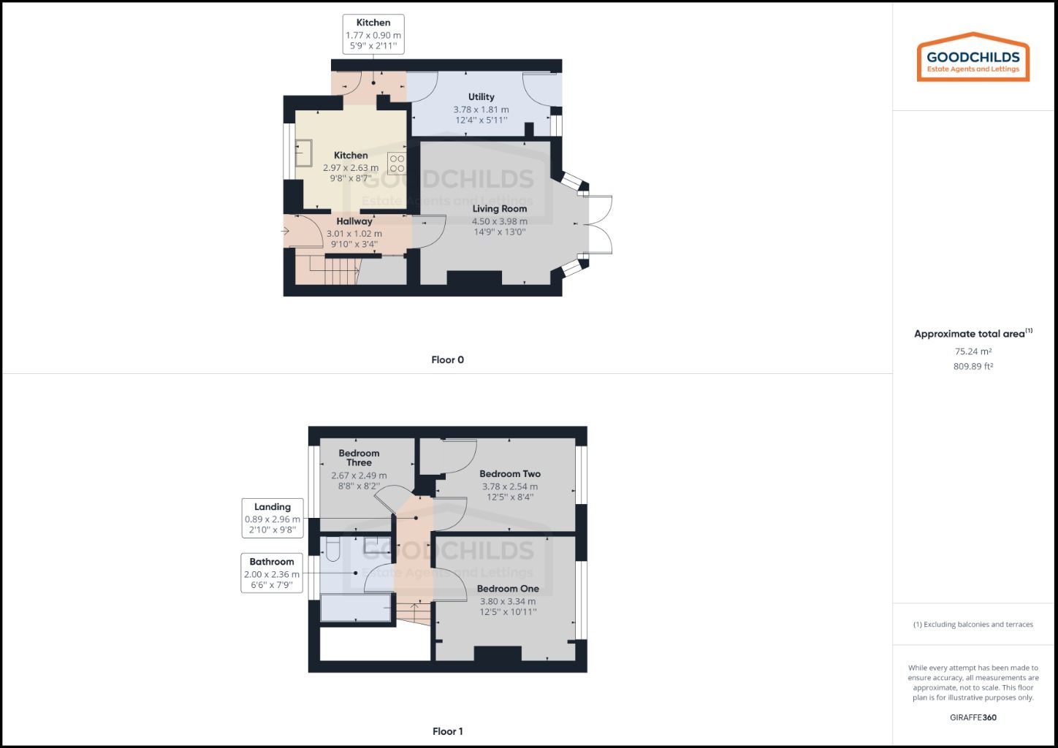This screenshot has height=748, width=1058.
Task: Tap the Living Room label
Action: (499, 209)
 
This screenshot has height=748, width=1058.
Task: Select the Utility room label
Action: (481, 97)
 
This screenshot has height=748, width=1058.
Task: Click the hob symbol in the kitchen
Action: (397, 163)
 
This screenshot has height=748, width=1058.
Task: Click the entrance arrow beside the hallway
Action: (284, 232)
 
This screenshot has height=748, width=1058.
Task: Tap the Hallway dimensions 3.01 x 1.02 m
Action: (354, 234)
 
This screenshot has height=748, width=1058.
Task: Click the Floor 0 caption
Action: (447, 359)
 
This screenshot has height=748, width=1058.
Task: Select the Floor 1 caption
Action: (447, 731)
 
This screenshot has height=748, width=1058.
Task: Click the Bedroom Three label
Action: (359, 458)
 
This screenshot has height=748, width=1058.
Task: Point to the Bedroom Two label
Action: (510, 474)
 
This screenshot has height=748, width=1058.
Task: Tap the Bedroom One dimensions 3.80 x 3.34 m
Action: (508, 602)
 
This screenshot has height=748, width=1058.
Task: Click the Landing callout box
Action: (273, 518)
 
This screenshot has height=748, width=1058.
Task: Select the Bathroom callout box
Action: (272, 573)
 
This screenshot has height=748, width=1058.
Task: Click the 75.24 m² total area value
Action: (973, 351)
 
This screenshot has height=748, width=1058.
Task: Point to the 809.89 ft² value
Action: (973, 367)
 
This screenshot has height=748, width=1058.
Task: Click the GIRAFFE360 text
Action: (973, 717)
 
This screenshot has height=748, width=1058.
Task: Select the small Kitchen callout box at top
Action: (373, 34)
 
